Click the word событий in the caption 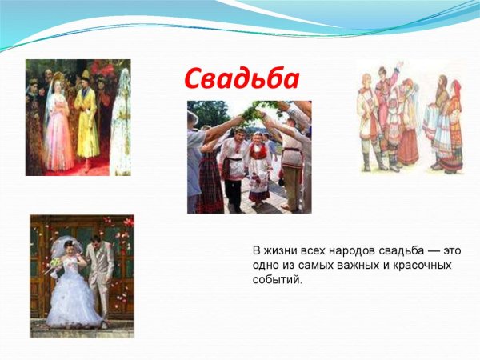pos(277,280)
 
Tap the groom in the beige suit pos(99,272)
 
